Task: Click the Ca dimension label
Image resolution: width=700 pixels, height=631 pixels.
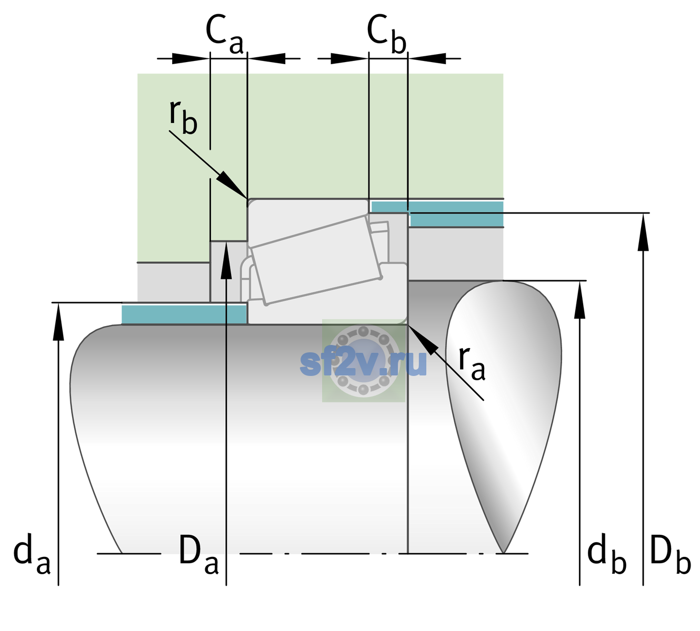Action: pyautogui.click(x=224, y=35)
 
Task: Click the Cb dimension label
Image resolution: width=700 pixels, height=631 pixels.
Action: pyautogui.click(x=387, y=34)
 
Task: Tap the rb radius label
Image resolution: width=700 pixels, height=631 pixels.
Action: pyautogui.click(x=183, y=117)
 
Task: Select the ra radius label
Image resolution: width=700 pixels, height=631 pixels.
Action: pyautogui.click(x=472, y=363)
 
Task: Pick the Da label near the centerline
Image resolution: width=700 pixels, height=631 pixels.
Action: pyautogui.click(x=198, y=554)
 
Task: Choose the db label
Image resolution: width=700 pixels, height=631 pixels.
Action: pyautogui.click(x=607, y=554)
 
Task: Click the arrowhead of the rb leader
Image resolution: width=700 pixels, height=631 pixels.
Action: pyautogui.click(x=232, y=185)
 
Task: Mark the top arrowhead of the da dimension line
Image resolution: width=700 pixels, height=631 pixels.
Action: pyautogui.click(x=58, y=321)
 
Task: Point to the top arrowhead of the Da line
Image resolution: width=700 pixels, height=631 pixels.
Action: pyautogui.click(x=226, y=260)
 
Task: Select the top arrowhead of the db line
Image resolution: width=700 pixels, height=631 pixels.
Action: pyautogui.click(x=579, y=300)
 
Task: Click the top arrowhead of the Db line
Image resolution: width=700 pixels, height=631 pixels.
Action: pyautogui.click(x=643, y=232)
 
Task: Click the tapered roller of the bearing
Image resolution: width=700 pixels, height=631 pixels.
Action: pyautogui.click(x=316, y=260)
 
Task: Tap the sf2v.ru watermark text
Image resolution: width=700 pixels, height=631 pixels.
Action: pyautogui.click(x=363, y=363)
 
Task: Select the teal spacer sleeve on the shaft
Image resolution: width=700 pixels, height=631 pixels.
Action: pyautogui.click(x=184, y=314)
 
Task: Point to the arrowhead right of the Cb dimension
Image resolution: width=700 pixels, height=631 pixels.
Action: pyautogui.click(x=427, y=58)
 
